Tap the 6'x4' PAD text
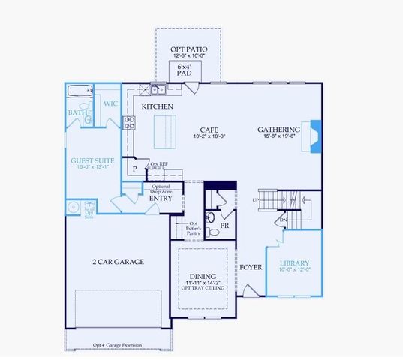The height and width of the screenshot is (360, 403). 185,70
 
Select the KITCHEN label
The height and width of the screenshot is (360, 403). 158,107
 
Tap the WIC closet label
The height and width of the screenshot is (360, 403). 110,104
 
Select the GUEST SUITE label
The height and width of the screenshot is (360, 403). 92,160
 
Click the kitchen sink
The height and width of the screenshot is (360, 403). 158,90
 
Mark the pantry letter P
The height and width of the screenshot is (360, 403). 135,169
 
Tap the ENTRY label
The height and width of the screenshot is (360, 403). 160,199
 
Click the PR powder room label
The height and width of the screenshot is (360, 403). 224,226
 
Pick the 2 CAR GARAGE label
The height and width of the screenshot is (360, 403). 119,262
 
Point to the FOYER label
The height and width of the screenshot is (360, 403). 250,267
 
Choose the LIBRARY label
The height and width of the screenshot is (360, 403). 294,263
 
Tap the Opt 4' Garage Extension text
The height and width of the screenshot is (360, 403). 118,345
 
